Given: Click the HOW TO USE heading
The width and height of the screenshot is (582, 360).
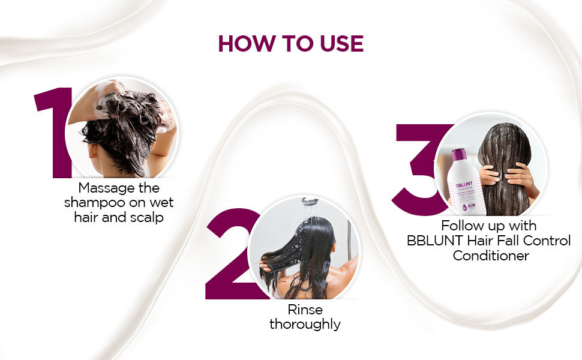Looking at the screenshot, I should point(290,44).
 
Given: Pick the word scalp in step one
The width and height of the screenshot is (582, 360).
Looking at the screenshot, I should point(145,217).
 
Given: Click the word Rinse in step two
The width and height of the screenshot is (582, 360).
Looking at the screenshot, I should point(305,310).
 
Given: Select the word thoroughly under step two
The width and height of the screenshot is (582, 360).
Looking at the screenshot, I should point(305,325).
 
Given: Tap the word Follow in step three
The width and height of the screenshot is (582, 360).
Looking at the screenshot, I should point(461,226).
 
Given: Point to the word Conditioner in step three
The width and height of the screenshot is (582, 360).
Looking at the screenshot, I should point(491,256).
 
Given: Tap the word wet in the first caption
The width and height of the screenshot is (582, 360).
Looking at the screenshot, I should point(162,202).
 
